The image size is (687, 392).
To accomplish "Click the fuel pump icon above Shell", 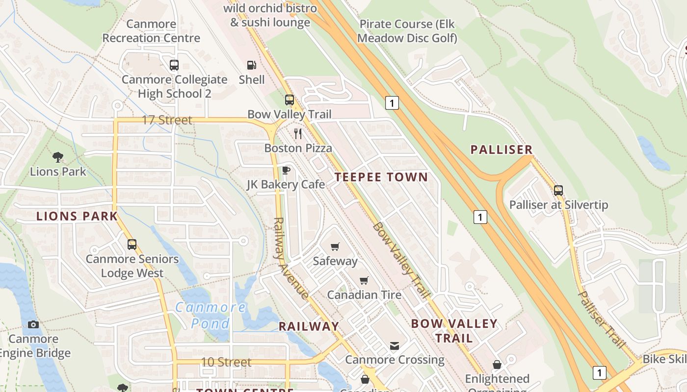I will pos(251,65).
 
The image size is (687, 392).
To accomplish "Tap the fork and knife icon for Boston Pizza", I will pos(298,133).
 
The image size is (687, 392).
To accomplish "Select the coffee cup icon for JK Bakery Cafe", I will pos(286,170).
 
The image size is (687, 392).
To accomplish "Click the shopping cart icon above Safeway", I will pos(335,246).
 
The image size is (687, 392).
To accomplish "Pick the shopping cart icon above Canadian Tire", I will pos(364,280).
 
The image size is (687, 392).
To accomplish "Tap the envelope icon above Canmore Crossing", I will pos(395,346).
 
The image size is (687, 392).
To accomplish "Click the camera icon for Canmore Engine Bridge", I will pos(33,324).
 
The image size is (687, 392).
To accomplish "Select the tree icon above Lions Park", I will pos(58,157).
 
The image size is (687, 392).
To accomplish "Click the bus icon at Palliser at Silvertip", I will pos(558,190).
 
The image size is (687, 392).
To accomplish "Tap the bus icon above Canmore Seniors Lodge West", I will pos(132,244).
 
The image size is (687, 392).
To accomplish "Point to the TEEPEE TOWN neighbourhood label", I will pos(381,177).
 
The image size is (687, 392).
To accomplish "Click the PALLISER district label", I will pos(502,150).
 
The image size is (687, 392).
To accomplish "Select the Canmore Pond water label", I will pos(211,315).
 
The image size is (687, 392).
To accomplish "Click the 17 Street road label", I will pos(167,120).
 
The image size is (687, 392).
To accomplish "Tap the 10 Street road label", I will pos(226,362).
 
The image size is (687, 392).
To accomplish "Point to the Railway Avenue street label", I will pos(291,258).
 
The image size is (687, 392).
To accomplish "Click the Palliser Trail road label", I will pos(602,319).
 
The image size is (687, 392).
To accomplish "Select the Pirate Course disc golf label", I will pos(407,31).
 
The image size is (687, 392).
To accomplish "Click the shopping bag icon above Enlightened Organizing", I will pos(497,365).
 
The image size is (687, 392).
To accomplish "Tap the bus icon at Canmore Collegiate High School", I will pos(174,65).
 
